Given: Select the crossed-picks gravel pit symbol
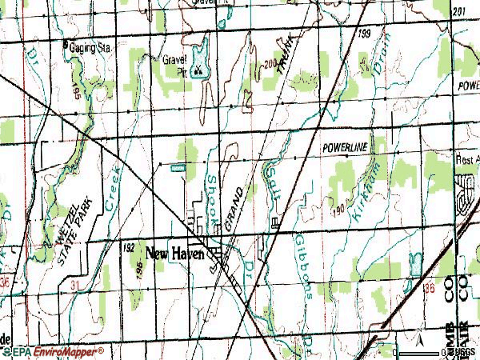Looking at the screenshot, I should coord(198,70).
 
